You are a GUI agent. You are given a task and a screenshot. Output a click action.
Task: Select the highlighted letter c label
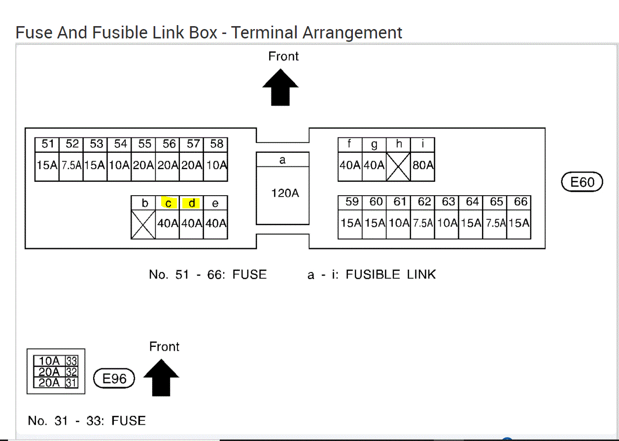point(168,203)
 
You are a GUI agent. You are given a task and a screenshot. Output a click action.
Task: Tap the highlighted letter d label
point(192,203)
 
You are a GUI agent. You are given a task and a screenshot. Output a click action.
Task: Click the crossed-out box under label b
point(143,224)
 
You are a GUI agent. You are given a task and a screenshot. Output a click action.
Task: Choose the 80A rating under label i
point(423,166)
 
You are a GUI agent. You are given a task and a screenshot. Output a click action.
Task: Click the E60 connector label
point(582,182)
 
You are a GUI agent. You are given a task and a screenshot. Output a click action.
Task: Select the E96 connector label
point(114,378)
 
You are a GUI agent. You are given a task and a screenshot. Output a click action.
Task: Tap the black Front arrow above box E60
point(280,87)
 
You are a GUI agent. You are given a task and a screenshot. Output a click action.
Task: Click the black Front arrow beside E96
point(161,377)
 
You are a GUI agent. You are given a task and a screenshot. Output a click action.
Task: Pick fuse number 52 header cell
point(72,144)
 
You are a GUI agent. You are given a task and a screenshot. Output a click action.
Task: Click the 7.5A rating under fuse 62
point(423,223)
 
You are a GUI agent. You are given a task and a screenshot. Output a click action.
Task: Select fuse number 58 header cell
point(216,144)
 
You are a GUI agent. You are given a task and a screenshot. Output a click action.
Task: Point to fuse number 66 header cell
point(520,202)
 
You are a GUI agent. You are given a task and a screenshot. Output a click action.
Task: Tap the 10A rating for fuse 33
point(49,361)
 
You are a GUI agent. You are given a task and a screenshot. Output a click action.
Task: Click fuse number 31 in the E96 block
point(71,382)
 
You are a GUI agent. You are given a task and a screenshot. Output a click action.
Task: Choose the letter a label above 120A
point(282,160)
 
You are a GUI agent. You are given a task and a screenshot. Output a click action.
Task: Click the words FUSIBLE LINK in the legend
point(390,274)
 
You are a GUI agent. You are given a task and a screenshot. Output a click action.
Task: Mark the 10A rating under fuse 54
point(120,166)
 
